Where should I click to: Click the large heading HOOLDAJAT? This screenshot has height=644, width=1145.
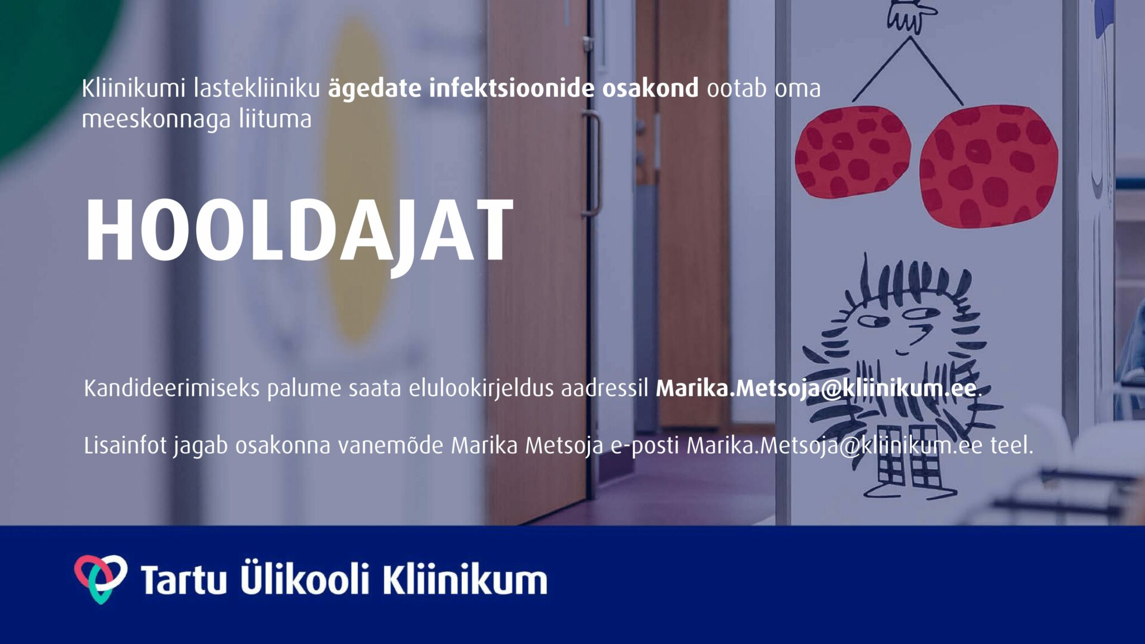pyautogui.click(x=299, y=231)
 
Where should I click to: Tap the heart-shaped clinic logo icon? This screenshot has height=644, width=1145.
pyautogui.click(x=101, y=579)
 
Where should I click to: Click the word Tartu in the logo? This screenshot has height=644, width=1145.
pyautogui.click(x=183, y=579)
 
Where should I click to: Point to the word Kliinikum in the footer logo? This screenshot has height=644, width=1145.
pyautogui.click(x=465, y=579)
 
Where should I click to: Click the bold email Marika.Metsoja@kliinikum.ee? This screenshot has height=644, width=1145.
pyautogui.click(x=816, y=388)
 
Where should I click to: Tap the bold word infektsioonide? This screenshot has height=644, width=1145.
pyautogui.click(x=512, y=88)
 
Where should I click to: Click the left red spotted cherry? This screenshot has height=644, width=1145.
pyautogui.click(x=853, y=151)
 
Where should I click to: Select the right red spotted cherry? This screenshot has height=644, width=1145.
pyautogui.click(x=988, y=166)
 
